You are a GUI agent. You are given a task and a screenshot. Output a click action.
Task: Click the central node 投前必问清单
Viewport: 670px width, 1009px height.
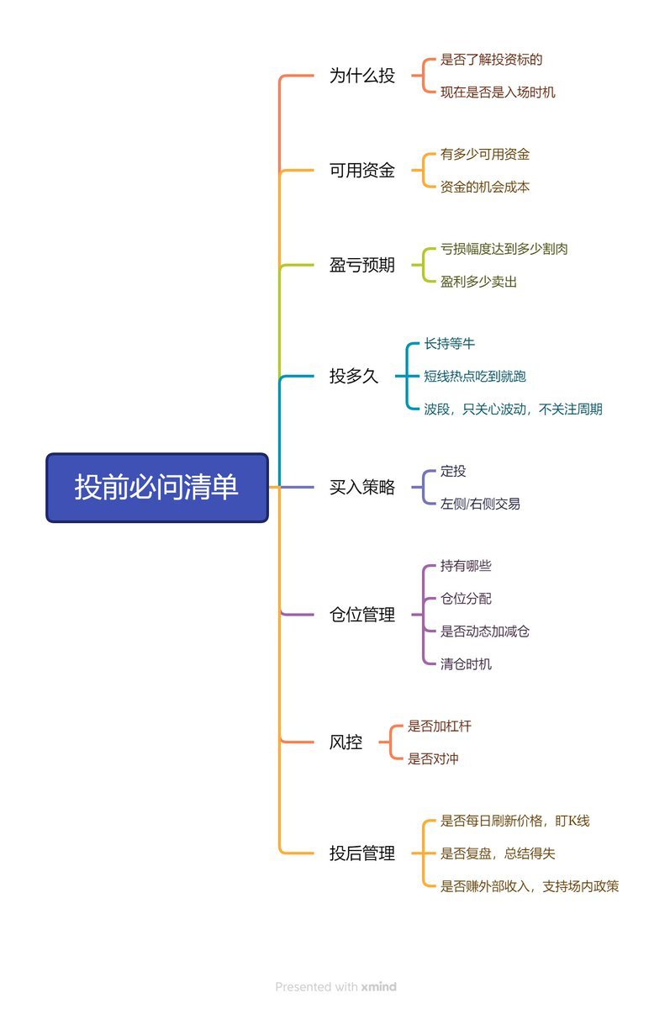(157, 488)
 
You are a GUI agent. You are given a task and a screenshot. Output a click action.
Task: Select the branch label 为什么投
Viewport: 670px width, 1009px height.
(361, 76)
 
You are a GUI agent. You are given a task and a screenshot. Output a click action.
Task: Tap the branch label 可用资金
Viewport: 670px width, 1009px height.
(361, 171)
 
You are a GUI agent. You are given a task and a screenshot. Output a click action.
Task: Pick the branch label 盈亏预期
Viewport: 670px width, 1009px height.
(361, 266)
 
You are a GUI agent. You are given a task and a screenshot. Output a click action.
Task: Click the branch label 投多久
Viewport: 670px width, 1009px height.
(354, 376)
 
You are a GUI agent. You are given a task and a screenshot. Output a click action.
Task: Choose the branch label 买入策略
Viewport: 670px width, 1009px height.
(361, 488)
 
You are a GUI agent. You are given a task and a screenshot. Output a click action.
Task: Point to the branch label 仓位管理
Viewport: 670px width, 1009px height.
(361, 615)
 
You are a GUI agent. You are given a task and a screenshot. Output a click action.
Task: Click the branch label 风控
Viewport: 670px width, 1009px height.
(346, 742)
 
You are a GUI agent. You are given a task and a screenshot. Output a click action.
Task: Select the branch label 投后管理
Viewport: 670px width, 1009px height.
(361, 853)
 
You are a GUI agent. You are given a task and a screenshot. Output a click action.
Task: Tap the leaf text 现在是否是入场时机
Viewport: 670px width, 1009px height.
(498, 92)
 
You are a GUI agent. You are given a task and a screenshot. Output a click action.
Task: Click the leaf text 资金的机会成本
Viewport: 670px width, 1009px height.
(485, 188)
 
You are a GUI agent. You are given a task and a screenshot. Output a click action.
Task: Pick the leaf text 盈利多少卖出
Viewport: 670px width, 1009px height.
(478, 282)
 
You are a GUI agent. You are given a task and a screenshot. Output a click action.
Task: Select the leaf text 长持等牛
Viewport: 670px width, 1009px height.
(450, 343)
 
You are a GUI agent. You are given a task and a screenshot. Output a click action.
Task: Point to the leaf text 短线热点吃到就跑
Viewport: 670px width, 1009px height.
(475, 376)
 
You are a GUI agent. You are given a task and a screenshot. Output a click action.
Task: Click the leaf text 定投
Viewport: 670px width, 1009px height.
(453, 472)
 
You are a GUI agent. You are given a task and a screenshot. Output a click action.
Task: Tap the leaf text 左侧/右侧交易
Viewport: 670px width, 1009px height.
(480, 504)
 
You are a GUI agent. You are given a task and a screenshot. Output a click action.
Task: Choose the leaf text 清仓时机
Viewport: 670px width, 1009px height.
(466, 664)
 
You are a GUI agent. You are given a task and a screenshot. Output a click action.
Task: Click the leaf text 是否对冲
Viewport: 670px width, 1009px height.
(433, 758)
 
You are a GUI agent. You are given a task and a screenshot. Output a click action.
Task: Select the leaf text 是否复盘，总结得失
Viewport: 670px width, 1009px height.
(498, 853)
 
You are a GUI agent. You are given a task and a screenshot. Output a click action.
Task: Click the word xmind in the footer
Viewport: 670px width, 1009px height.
(378, 987)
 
